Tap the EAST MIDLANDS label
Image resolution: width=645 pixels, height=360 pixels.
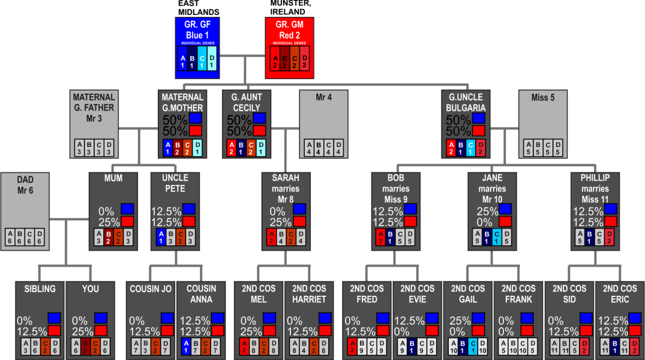point(198,8)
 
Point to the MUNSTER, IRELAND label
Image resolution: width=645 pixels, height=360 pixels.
point(290,8)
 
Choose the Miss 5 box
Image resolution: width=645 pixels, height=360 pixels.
point(543,123)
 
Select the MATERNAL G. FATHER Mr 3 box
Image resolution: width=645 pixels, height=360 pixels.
point(94,123)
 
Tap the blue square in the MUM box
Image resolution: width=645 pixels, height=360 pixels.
point(127,209)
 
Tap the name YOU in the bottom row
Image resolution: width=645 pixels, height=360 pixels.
point(91,289)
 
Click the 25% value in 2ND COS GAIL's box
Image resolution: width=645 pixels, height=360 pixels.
point(461,320)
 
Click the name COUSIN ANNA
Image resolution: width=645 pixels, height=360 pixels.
point(201,294)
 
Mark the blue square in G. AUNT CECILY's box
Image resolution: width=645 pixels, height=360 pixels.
point(259,119)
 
